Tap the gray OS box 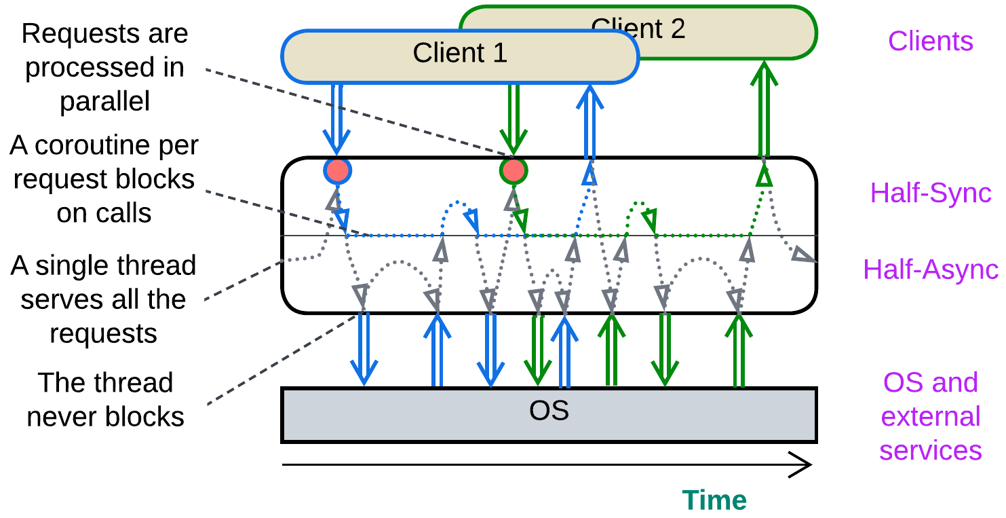point(548,415)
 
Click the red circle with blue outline point(337,171)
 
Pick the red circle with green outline point(513,170)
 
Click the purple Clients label point(930,41)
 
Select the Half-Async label point(930,270)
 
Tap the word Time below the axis point(714,500)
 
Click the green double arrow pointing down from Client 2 point(513,119)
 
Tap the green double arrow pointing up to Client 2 point(765,109)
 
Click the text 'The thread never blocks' point(105,400)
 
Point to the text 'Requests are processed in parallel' point(104,67)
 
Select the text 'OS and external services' point(930,416)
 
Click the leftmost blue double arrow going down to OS point(364,350)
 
